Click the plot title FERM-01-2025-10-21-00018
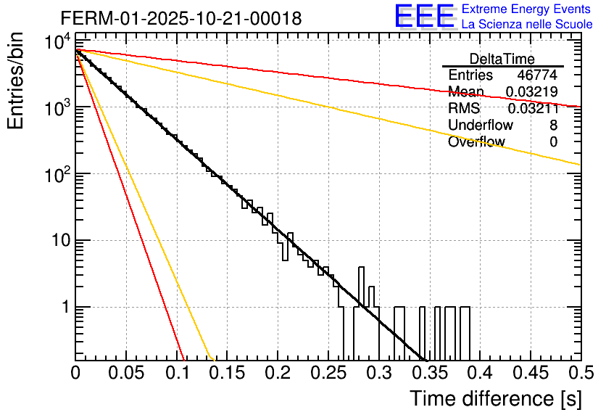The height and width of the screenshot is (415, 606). click(x=180, y=18)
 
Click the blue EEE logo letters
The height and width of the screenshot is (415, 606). click(x=424, y=16)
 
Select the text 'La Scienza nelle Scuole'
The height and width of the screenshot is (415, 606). click(x=527, y=25)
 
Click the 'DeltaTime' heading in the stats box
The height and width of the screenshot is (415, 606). click(x=502, y=59)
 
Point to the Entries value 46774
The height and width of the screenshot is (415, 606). click(x=537, y=75)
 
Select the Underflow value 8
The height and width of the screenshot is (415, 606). click(x=553, y=125)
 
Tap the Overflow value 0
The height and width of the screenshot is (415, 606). click(x=553, y=142)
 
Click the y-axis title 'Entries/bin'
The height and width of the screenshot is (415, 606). click(x=16, y=81)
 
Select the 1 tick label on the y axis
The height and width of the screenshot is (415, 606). click(x=65, y=308)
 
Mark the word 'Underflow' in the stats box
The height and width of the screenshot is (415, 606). click(x=481, y=125)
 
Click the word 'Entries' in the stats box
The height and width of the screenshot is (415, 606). click(x=470, y=75)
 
